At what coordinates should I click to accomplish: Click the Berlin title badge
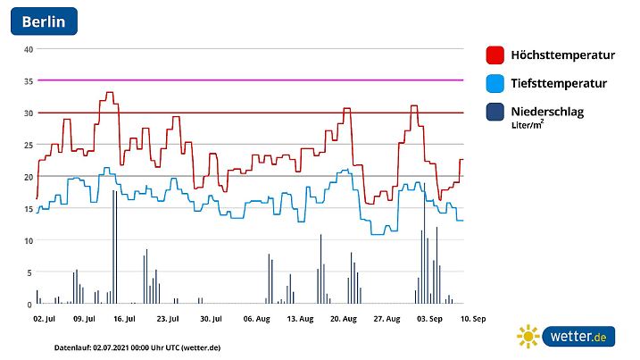(44, 21)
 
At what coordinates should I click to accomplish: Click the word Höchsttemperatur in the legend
(562, 55)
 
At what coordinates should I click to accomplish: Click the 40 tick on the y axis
(29, 49)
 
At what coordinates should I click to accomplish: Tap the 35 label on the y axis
(29, 81)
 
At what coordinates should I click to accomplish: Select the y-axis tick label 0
(29, 305)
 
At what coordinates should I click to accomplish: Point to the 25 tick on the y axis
(29, 145)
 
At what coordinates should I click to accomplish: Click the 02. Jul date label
(45, 318)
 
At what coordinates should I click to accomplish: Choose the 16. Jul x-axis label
(124, 318)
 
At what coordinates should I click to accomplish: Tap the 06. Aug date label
(256, 318)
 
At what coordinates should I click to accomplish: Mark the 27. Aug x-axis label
(386, 318)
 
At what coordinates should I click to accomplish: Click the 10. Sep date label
(473, 318)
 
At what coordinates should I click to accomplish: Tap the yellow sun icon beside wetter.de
(528, 337)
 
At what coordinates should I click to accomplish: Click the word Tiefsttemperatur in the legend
(559, 84)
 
